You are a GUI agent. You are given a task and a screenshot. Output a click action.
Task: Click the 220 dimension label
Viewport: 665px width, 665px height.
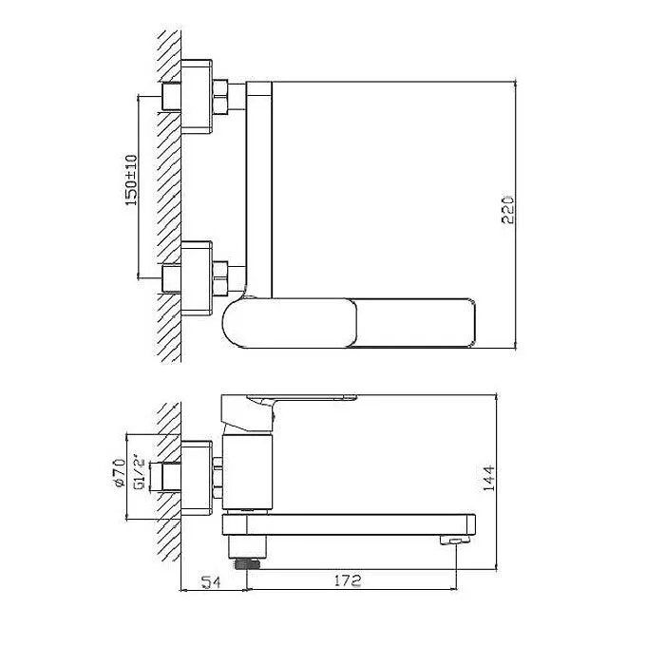point(507,210)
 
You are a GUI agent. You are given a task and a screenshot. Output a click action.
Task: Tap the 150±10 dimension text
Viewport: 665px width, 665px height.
point(131,180)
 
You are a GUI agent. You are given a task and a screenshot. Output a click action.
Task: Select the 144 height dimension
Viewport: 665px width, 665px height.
point(488,478)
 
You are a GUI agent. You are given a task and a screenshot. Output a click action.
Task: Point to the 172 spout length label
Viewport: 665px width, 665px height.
point(348,580)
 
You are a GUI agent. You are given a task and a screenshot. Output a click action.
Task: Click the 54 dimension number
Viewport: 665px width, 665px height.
point(211,581)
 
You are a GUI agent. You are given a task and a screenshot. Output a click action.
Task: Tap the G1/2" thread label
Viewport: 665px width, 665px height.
point(141,475)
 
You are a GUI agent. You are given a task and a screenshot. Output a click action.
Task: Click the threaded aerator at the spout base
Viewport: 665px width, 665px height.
point(248,563)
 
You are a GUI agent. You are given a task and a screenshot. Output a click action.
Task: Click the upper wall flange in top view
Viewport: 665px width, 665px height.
point(197,97)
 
